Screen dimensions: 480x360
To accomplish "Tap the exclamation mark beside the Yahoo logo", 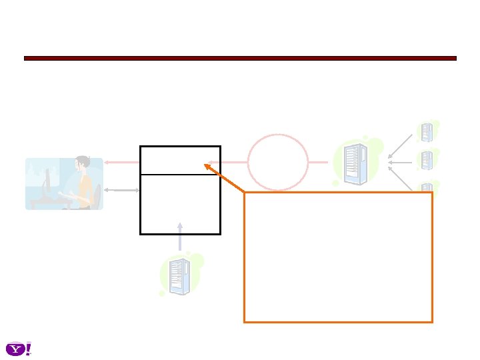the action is [29, 349].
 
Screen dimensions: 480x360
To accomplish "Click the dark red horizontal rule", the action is [240, 59].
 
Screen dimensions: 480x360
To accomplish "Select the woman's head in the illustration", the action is [83, 163].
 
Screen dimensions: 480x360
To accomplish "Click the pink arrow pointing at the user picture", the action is [121, 161].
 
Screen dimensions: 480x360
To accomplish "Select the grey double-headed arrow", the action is [121, 190].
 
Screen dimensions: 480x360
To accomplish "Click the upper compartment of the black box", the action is [180, 160].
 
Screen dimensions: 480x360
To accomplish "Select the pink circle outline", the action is [278, 162].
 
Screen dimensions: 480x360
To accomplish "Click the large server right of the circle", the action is [354, 163].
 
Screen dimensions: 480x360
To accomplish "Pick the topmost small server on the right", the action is [427, 131].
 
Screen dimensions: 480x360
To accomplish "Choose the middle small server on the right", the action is [427, 161].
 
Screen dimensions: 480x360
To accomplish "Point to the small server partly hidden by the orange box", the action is [427, 187].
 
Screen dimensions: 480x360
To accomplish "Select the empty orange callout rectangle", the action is [338, 257].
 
